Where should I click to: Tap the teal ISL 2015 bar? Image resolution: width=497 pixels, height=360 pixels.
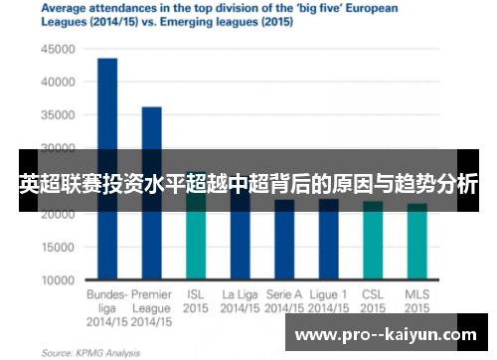click(x=196, y=244)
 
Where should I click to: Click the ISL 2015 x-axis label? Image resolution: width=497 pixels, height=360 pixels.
click(x=196, y=301)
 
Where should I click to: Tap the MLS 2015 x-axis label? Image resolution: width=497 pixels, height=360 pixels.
click(x=416, y=301)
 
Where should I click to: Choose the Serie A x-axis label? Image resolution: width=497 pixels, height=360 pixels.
click(x=284, y=301)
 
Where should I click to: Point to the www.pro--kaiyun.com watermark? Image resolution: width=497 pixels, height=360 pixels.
click(x=389, y=335)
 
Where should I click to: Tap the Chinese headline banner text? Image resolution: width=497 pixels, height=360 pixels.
click(x=248, y=184)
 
